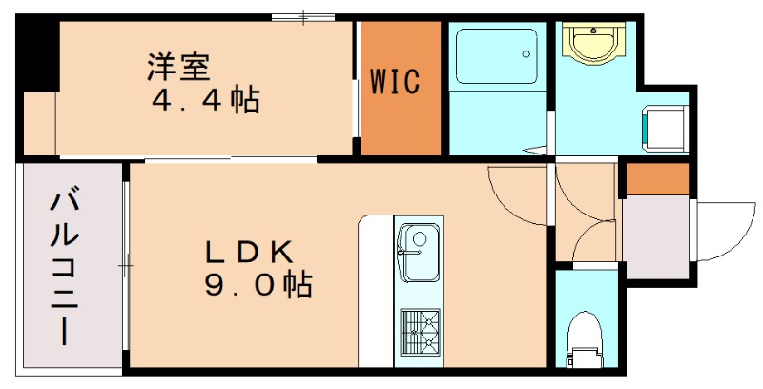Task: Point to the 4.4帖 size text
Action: [x=205, y=100]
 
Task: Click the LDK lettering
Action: [x=249, y=252]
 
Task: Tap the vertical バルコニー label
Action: [x=66, y=266]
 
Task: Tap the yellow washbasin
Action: [x=594, y=42]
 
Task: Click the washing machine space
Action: [x=665, y=128]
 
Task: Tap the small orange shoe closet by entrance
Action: [x=656, y=178]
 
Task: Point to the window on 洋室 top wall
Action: [x=302, y=17]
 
